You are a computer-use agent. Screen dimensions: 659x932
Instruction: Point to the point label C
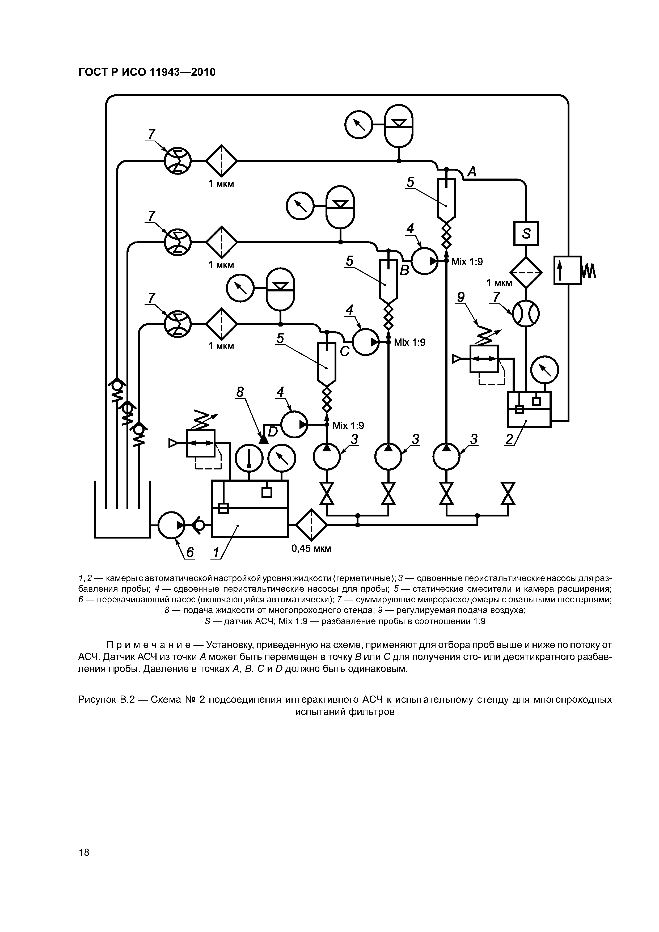[x=344, y=351]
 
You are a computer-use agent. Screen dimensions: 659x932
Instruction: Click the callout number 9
[x=461, y=298]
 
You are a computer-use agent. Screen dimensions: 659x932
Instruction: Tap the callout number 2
[x=509, y=439]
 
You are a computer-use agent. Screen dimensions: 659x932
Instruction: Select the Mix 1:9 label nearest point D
[x=348, y=425]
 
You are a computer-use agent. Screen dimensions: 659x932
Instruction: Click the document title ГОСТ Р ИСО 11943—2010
[x=147, y=72]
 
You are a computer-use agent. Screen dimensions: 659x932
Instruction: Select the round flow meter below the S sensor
[x=526, y=314]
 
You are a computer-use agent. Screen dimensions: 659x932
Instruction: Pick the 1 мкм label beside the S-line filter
[x=499, y=283]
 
